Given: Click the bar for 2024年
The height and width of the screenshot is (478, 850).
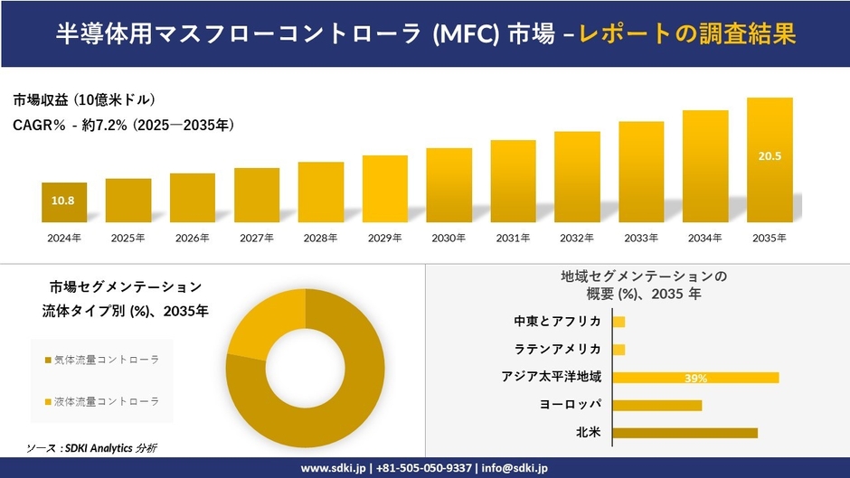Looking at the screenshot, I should tap(63, 202).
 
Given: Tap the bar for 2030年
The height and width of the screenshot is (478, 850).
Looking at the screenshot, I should tap(449, 185).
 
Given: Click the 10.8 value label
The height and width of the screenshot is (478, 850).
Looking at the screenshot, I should tap(62, 201).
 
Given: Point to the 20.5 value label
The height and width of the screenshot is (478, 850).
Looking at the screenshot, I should tap(770, 156).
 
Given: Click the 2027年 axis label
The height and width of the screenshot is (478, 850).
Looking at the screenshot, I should tap(257, 238).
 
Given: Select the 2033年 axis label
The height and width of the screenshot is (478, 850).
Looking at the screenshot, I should tap(641, 238).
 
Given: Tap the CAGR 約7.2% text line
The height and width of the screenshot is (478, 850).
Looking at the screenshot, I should tap(124, 126).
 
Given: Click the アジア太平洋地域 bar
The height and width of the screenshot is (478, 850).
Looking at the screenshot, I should tap(695, 377).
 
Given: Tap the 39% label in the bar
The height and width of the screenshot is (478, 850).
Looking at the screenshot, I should tap(695, 378).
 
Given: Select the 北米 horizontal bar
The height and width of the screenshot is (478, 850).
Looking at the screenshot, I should tap(685, 433).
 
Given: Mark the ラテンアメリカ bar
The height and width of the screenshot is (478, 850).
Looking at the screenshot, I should tap(619, 350).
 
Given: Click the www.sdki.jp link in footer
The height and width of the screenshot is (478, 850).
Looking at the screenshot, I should tap(333, 468).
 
